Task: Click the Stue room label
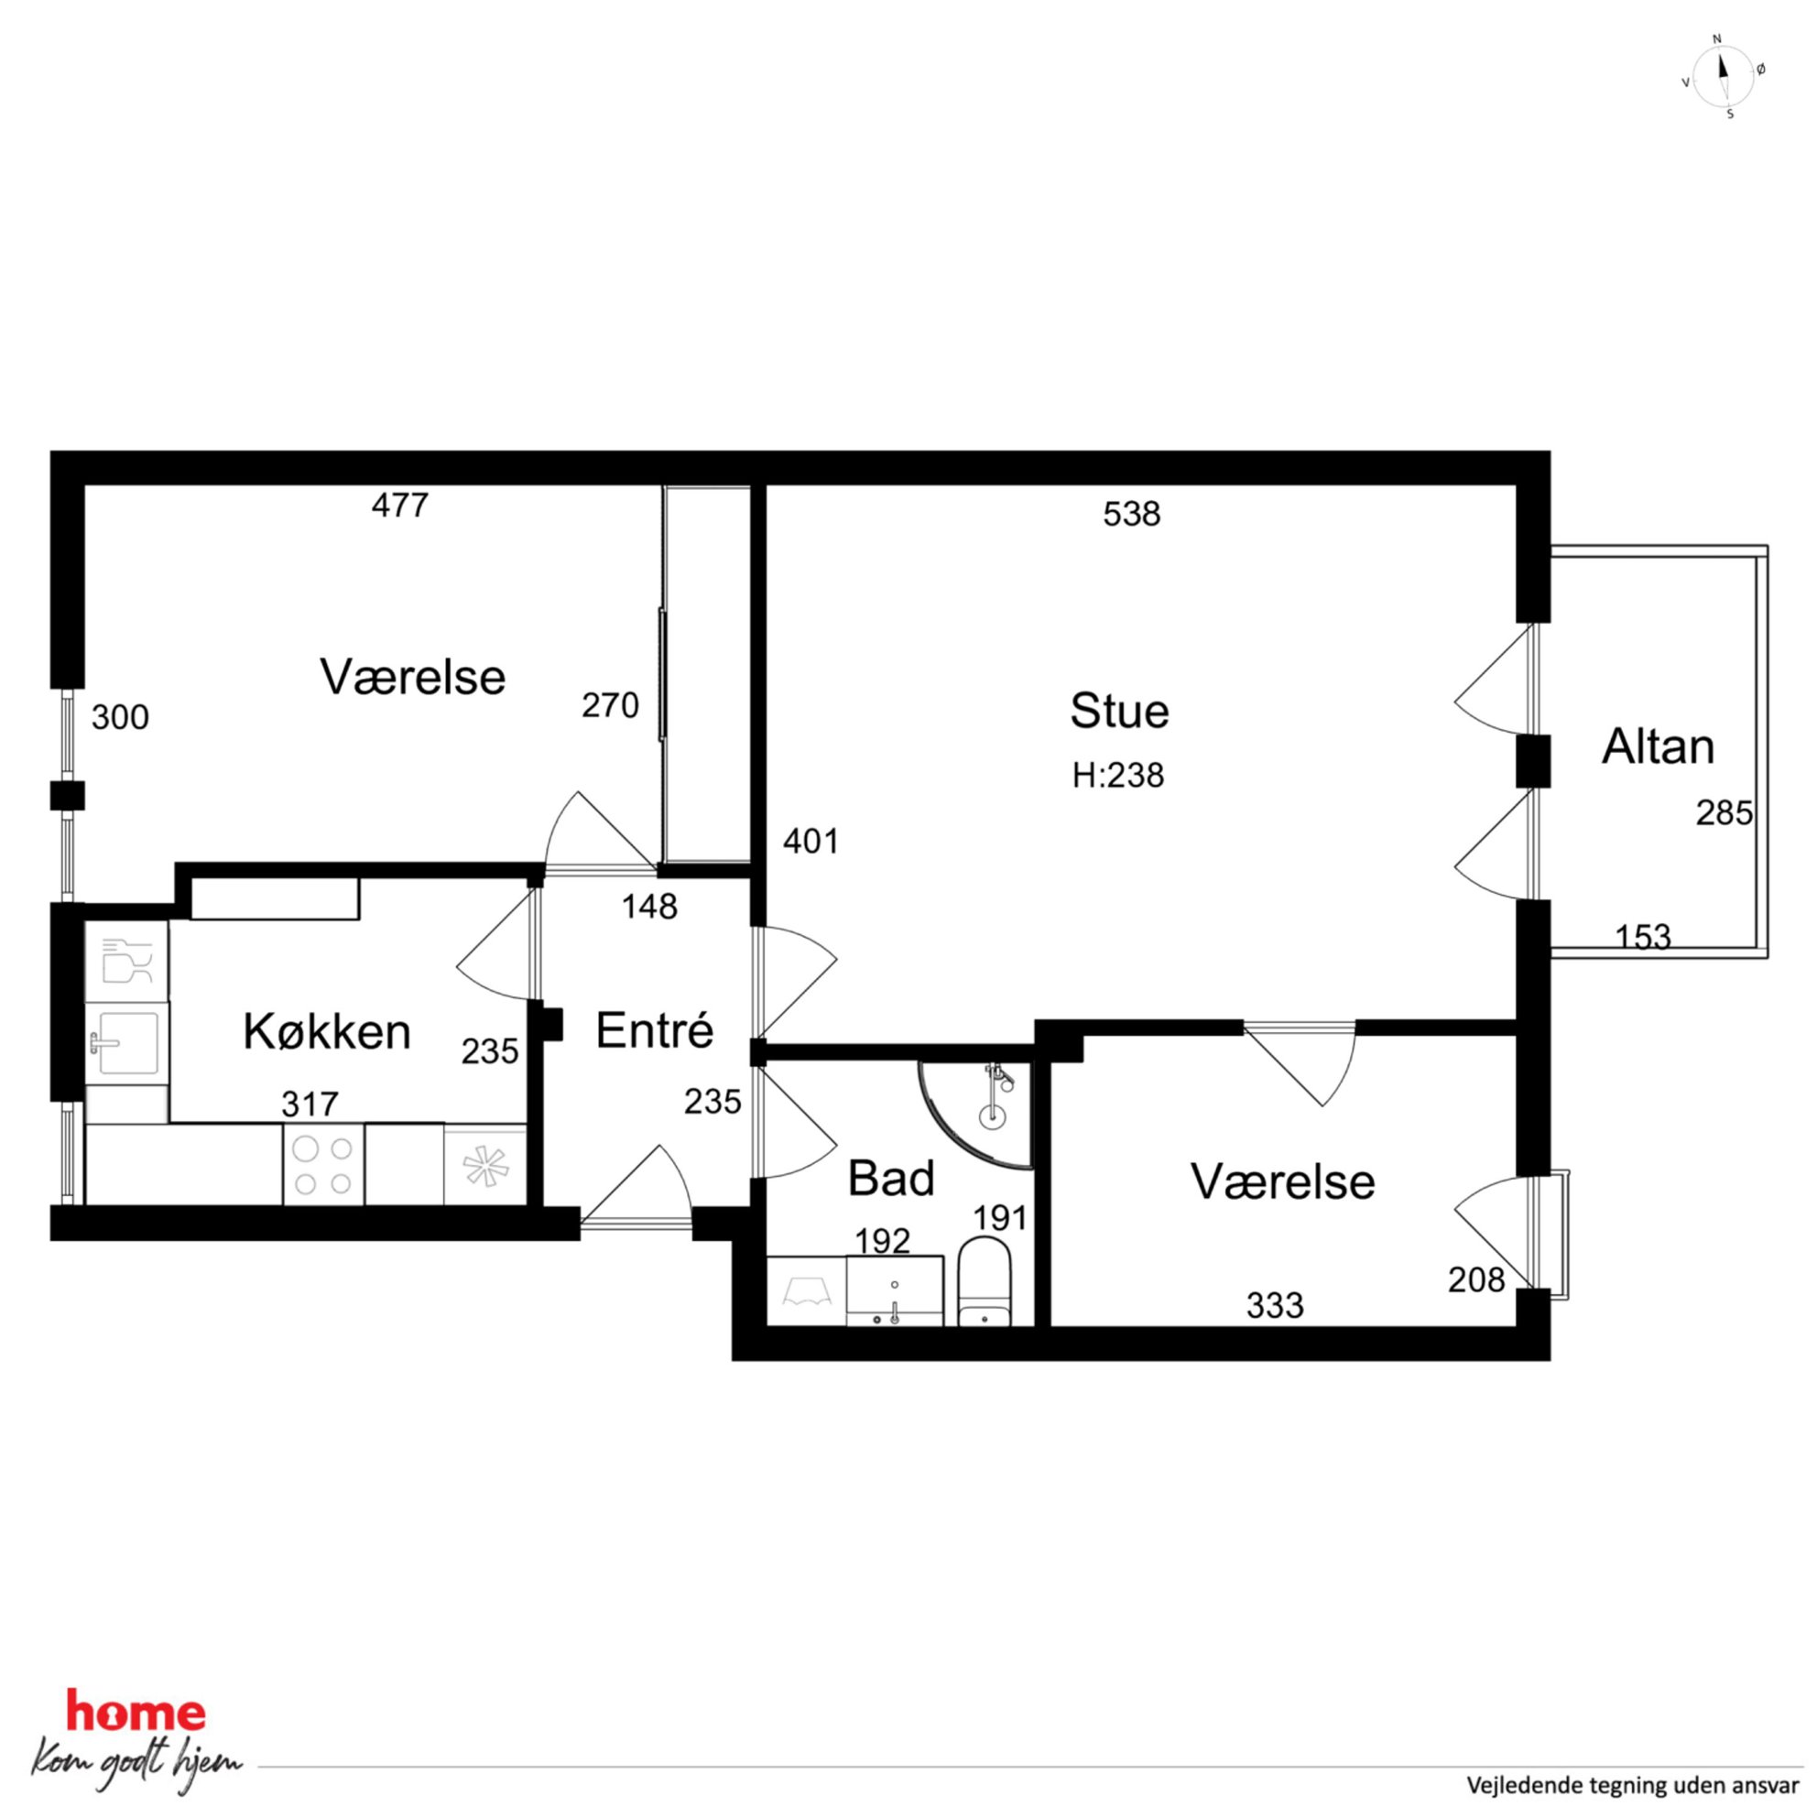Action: pyautogui.click(x=1119, y=711)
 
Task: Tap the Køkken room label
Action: pyautogui.click(x=327, y=1032)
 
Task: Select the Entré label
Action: pyautogui.click(x=655, y=1029)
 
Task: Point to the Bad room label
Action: pyautogui.click(x=890, y=1179)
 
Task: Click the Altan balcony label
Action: pyautogui.click(x=1658, y=746)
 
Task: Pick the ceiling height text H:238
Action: pyautogui.click(x=1118, y=776)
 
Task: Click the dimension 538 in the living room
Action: pyautogui.click(x=1132, y=515)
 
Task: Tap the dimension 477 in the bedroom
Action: pyautogui.click(x=400, y=506)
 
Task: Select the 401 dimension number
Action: pyautogui.click(x=811, y=842)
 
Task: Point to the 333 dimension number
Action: pyautogui.click(x=1275, y=1305)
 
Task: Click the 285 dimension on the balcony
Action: pyautogui.click(x=1725, y=813)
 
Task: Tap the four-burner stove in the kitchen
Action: pyautogui.click(x=323, y=1164)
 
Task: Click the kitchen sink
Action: pyautogui.click(x=126, y=1042)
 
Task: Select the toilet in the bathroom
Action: pyautogui.click(x=984, y=1283)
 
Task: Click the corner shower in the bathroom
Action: pyautogui.click(x=979, y=1115)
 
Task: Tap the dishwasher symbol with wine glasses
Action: pyautogui.click(x=127, y=962)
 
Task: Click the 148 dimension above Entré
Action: pyautogui.click(x=650, y=908)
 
